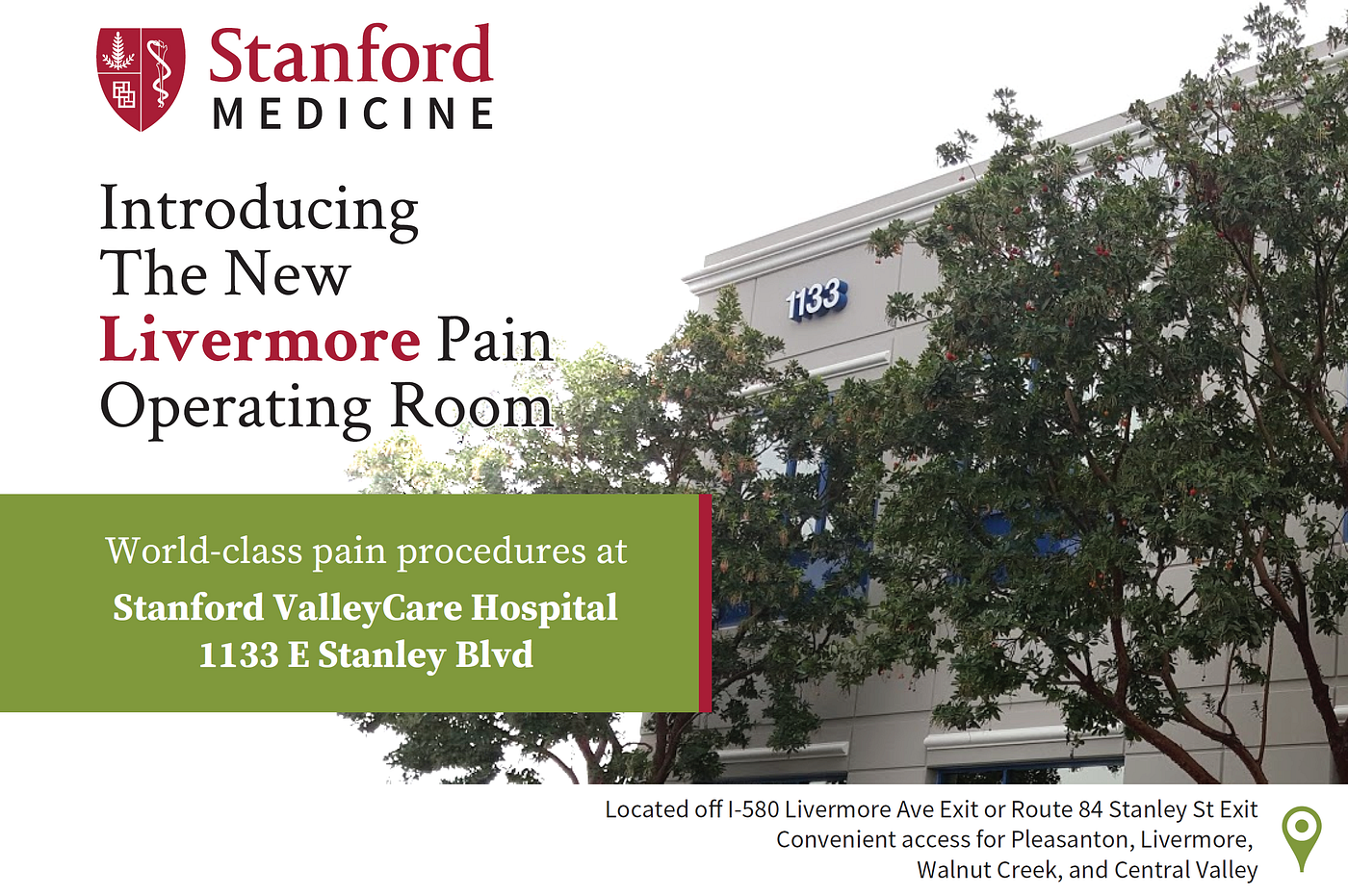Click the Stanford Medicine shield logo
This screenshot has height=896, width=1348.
[x=141, y=79]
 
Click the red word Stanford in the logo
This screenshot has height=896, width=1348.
[x=350, y=56]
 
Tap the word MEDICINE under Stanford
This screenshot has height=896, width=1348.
[x=353, y=115]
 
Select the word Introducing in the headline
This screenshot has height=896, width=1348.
[x=259, y=209]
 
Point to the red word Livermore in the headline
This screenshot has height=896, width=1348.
[x=260, y=341]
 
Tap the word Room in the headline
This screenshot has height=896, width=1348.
[x=472, y=406]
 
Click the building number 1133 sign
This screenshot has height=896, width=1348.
[x=817, y=299]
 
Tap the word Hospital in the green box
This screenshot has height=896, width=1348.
[x=544, y=608]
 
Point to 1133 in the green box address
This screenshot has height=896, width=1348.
[x=239, y=655]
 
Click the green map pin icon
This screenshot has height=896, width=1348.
[x=1302, y=835]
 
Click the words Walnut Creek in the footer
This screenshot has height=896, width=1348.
[x=989, y=870]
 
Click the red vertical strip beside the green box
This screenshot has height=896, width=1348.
[x=705, y=603]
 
